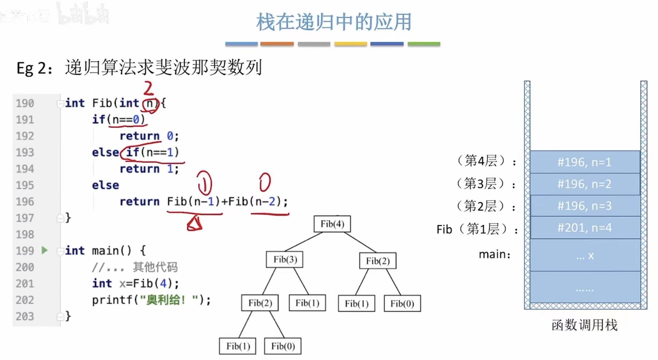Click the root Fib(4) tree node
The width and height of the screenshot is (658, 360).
click(332, 224)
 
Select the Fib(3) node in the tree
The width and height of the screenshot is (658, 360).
click(285, 260)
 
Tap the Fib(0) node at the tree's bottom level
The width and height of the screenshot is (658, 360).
click(283, 346)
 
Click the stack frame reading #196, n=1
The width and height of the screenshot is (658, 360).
click(584, 162)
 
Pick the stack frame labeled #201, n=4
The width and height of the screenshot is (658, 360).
click(584, 228)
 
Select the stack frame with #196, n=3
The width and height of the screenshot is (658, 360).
click(584, 206)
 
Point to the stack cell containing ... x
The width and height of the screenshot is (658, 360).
click(584, 256)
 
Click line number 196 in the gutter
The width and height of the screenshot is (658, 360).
click(25, 202)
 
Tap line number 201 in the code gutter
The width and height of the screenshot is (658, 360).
click(25, 284)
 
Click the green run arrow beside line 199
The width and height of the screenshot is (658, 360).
click(44, 250)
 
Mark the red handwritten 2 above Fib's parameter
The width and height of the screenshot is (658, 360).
click(149, 88)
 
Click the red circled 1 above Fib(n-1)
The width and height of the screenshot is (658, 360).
click(205, 183)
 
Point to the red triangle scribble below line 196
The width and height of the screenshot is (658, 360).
click(194, 223)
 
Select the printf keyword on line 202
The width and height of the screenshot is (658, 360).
click(112, 300)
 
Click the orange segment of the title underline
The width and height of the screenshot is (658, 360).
click(277, 44)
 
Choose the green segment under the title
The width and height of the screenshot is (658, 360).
click(424, 44)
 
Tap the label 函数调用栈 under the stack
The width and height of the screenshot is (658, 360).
click(584, 325)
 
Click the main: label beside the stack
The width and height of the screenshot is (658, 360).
click(495, 254)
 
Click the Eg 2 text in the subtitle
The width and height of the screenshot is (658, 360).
click(34, 68)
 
